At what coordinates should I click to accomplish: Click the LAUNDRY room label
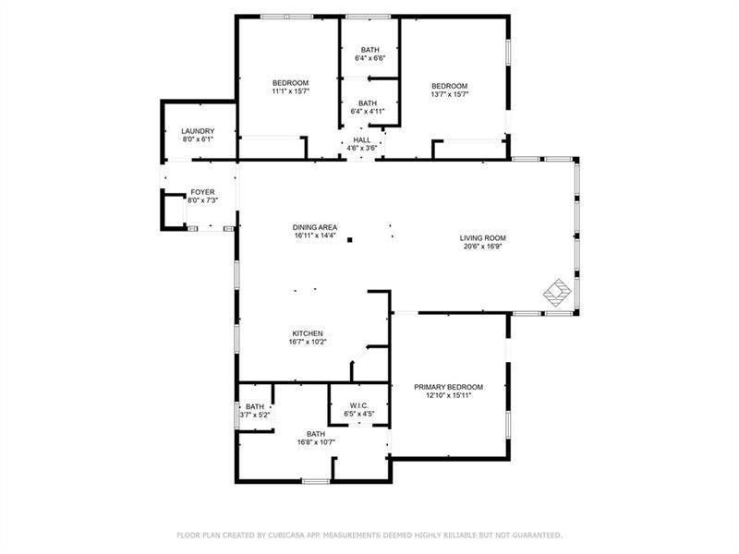pyautogui.click(x=198, y=131)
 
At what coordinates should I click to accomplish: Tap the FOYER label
pyautogui.click(x=201, y=192)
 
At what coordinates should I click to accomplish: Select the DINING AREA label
pyautogui.click(x=315, y=227)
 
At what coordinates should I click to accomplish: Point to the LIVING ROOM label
pyautogui.click(x=483, y=238)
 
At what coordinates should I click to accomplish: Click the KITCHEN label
pyautogui.click(x=308, y=333)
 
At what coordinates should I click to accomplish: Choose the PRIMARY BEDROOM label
pyautogui.click(x=448, y=387)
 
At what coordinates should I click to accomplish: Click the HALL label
pyautogui.click(x=362, y=139)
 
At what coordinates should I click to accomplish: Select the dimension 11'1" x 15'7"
pyautogui.click(x=290, y=91)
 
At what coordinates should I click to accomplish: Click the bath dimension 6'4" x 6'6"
pyautogui.click(x=369, y=58)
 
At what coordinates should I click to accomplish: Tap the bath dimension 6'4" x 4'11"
pyautogui.click(x=368, y=112)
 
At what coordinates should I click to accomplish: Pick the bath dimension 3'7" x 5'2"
pyautogui.click(x=255, y=415)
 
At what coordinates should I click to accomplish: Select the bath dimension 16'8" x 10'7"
pyautogui.click(x=316, y=442)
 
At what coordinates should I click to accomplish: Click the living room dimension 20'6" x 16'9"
pyautogui.click(x=483, y=247)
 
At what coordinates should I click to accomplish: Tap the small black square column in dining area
pyautogui.click(x=350, y=241)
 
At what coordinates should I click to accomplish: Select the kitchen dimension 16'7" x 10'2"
pyautogui.click(x=308, y=342)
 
